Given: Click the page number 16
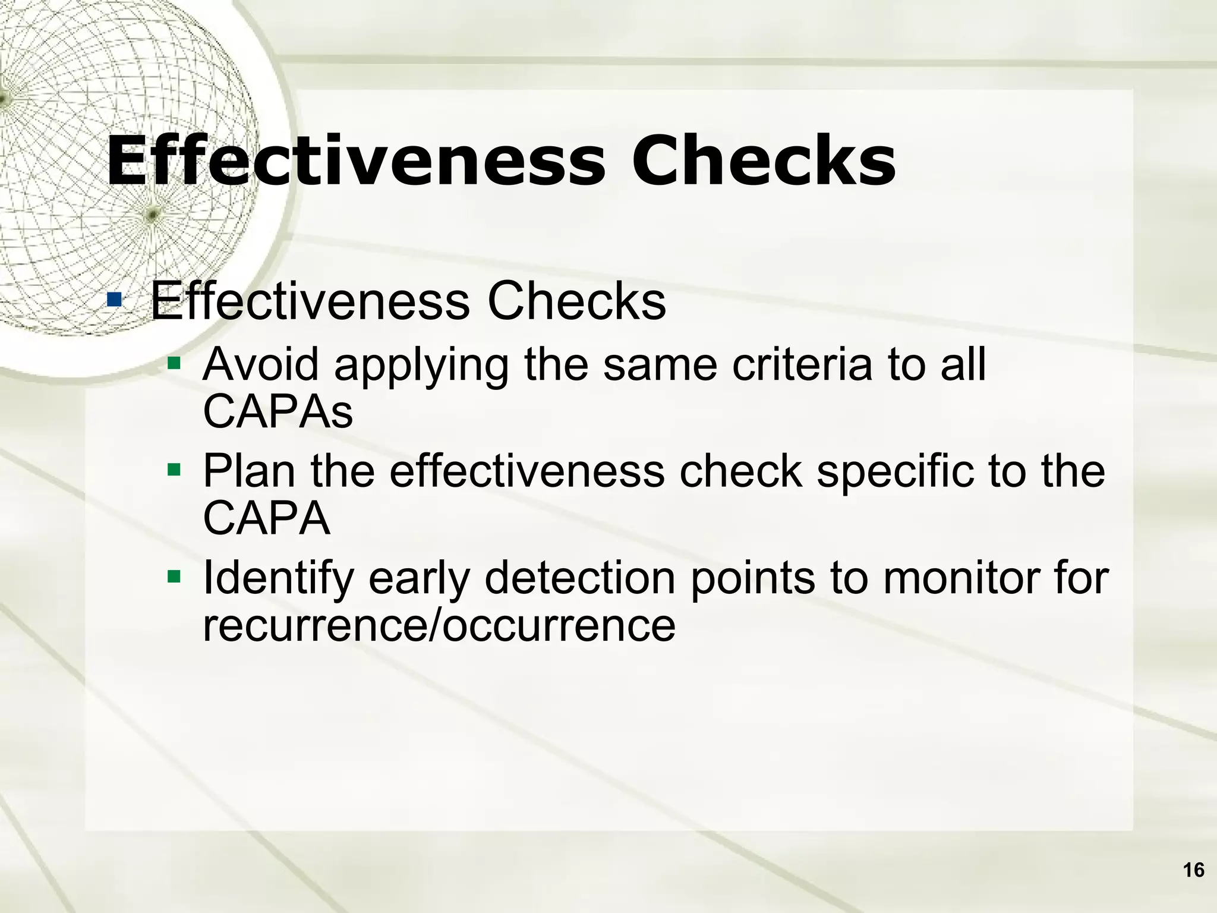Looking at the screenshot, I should click(x=1193, y=870).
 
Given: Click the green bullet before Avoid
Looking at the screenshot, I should click(x=174, y=362).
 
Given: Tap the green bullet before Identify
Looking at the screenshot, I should click(x=174, y=576).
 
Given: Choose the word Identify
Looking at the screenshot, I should click(x=278, y=580).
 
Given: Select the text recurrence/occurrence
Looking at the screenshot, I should click(x=439, y=626).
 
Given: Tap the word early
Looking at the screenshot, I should click(x=419, y=580).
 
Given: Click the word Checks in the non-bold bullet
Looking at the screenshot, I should click(x=576, y=301).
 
